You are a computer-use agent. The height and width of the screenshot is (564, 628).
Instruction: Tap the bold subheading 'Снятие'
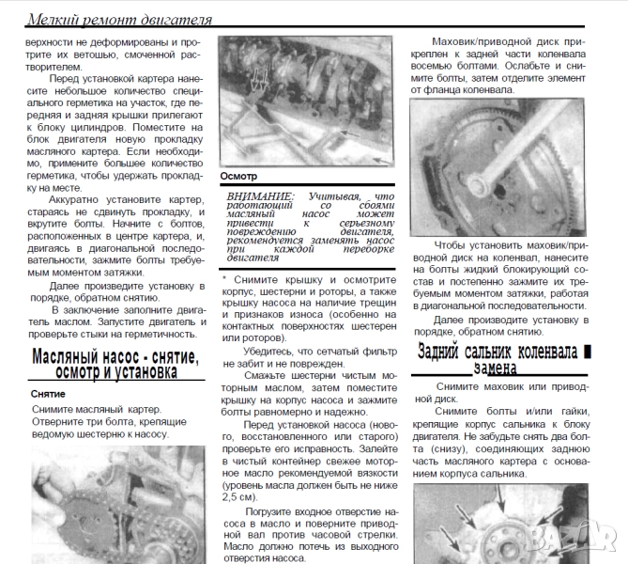click(48, 394)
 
